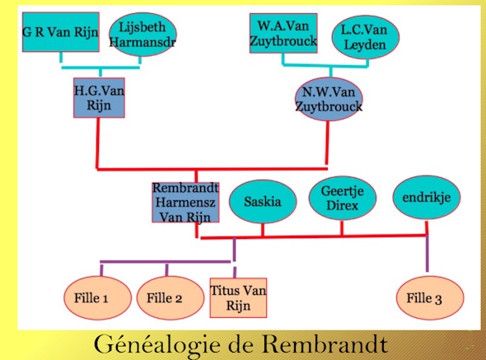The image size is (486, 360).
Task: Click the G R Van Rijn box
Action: pyautogui.click(x=61, y=32)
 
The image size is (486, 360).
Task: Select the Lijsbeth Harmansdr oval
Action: pyautogui.click(x=143, y=35)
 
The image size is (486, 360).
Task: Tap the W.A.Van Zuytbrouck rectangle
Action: pyautogui.click(x=283, y=33)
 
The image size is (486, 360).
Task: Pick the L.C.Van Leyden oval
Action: pyautogui.click(x=366, y=37)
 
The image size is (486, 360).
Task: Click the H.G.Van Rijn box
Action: pyautogui.click(x=99, y=98)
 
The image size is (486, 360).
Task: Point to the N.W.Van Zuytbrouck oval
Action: pyautogui.click(x=329, y=99)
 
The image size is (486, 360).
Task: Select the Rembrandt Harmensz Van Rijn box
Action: pyautogui.click(x=185, y=202)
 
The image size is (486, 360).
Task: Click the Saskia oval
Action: pyautogui.click(x=263, y=202)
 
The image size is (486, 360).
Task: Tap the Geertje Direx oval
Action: pyautogui.click(x=343, y=199)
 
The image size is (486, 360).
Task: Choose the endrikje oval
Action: pyautogui.click(x=427, y=198)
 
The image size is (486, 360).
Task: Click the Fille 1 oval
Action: pyautogui.click(x=98, y=298)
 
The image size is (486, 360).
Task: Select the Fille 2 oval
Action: pyautogui.click(x=171, y=298)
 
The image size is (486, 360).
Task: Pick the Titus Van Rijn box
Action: pyautogui.click(x=238, y=297)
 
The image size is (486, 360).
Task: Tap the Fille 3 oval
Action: pyautogui.click(x=430, y=298)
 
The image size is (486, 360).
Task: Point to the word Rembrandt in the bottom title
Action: pyautogui.click(x=325, y=344)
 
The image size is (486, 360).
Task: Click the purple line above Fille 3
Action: pyautogui.click(x=428, y=254)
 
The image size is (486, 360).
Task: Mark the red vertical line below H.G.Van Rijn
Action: pyautogui.click(x=98, y=143)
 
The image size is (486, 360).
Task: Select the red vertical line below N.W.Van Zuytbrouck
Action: pyautogui.click(x=327, y=143)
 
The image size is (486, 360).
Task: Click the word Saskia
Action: pyautogui.click(x=263, y=202)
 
